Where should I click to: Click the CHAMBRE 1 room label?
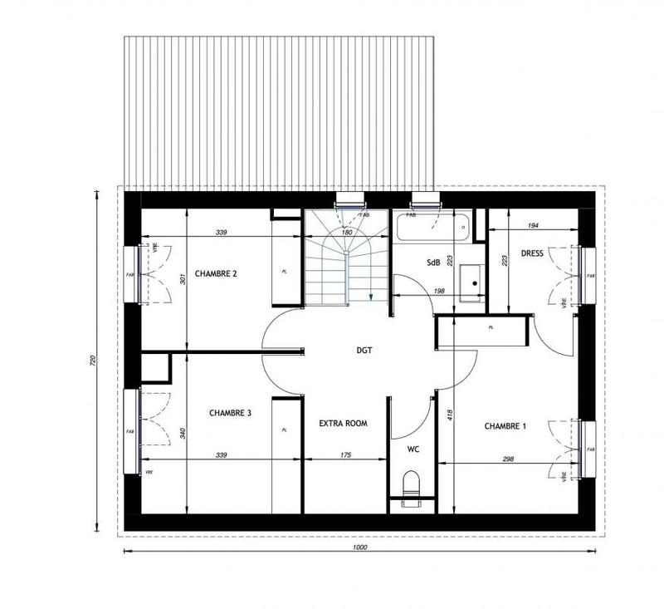(505, 426)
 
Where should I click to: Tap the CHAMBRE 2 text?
(216, 273)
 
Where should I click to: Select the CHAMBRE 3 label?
(230, 412)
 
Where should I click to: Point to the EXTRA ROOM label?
(343, 423)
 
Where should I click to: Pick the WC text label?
(413, 449)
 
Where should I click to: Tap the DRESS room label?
(532, 253)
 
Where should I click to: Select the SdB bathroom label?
(433, 263)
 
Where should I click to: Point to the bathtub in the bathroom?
(432, 227)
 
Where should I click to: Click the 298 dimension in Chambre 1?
(507, 459)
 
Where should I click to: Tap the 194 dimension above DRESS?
(533, 226)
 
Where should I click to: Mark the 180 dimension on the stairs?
(348, 233)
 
